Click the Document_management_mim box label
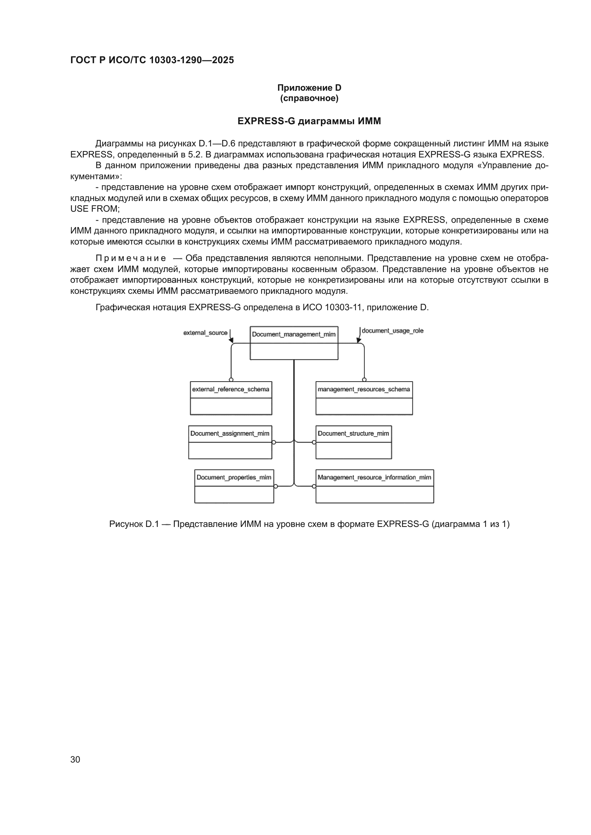[x=294, y=334]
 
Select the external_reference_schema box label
[x=231, y=389]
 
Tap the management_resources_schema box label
[x=363, y=389]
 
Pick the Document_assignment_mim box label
[x=230, y=433]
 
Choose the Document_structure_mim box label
[x=353, y=433]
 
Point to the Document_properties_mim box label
[x=234, y=477]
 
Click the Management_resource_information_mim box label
[x=374, y=477]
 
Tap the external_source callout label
[x=205, y=333]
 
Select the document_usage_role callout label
[x=392, y=331]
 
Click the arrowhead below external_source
[x=231, y=340]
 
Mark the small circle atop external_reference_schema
[x=231, y=380]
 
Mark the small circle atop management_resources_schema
[x=364, y=380]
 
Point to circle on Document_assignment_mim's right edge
[x=274, y=442]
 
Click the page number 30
[x=75, y=759]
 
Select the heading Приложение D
[x=309, y=88]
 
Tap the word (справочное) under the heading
[x=309, y=98]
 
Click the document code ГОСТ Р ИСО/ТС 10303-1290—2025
[x=152, y=60]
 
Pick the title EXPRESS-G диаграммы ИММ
[x=309, y=121]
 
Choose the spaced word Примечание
[x=131, y=258]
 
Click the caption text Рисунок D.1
[x=134, y=524]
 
